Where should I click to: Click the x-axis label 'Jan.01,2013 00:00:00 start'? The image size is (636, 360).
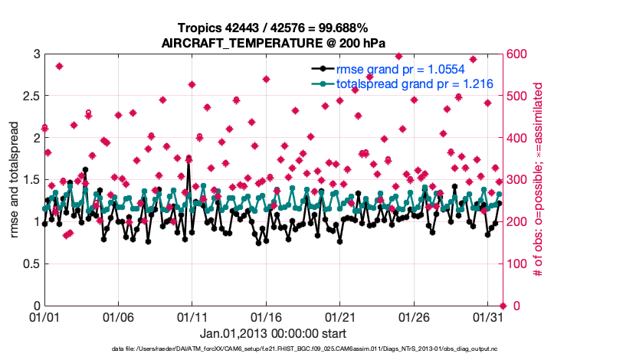pyautogui.click(x=273, y=334)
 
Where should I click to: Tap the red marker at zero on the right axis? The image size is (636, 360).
pyautogui.click(x=502, y=306)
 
